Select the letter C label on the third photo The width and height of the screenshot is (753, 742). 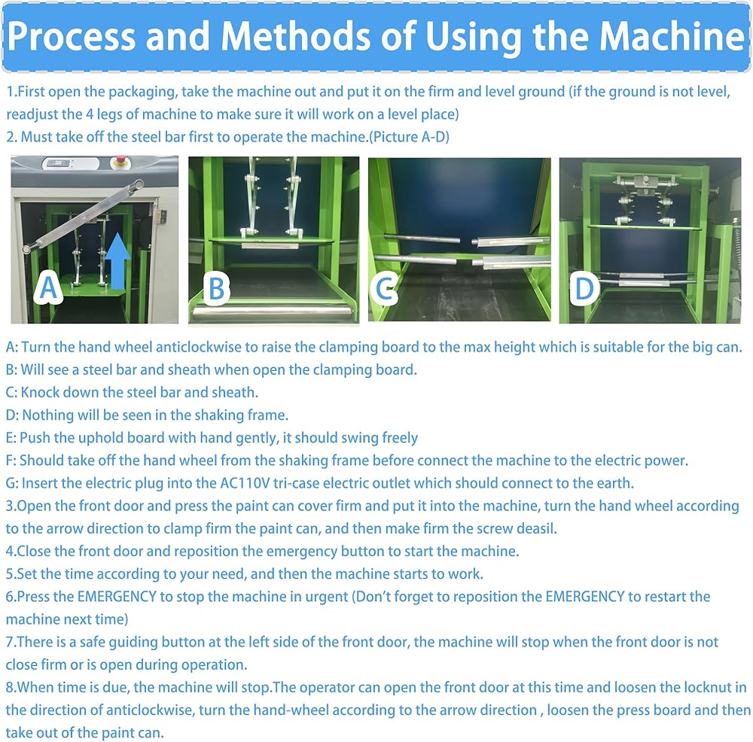pos(385,288)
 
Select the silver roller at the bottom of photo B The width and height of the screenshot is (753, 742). pos(273,312)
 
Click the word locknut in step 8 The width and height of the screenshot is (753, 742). pos(690,687)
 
